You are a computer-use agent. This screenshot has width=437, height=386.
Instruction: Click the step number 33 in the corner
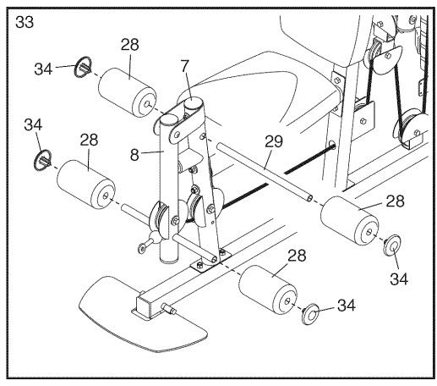point(25,22)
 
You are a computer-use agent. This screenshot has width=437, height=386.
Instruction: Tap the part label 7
point(185,66)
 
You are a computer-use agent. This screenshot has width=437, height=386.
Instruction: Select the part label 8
point(134,154)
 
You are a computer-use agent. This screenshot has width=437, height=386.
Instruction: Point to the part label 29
point(274,141)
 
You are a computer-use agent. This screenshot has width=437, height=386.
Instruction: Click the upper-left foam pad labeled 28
point(128,92)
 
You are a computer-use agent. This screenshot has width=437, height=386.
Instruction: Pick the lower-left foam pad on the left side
point(86,185)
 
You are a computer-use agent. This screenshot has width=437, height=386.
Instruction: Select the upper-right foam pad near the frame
point(349,221)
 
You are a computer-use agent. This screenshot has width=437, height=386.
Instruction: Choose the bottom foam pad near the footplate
point(268,289)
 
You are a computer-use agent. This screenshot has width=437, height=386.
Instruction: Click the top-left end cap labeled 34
point(83,67)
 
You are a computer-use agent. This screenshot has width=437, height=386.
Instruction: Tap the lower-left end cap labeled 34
point(42,161)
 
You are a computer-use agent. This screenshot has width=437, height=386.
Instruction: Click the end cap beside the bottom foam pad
point(310,314)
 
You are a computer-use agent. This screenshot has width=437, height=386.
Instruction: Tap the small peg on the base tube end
point(169,308)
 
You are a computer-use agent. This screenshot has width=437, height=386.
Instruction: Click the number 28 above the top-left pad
point(130,45)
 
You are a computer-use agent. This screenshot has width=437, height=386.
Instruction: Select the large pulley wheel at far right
point(408,129)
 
